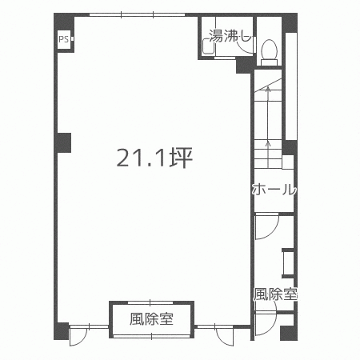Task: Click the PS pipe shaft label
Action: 63,40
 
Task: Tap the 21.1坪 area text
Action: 154,158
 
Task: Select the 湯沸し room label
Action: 230,36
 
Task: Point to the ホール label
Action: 274,190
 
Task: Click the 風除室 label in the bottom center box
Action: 151,319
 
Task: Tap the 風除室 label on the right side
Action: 275,294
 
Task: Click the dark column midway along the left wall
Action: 63,143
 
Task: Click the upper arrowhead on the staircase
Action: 268,89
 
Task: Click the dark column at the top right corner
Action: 290,22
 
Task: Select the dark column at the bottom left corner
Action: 62,331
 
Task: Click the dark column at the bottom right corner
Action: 289,333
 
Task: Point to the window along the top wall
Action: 137,14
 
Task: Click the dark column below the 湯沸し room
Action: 244,66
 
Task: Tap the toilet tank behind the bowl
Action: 270,62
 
